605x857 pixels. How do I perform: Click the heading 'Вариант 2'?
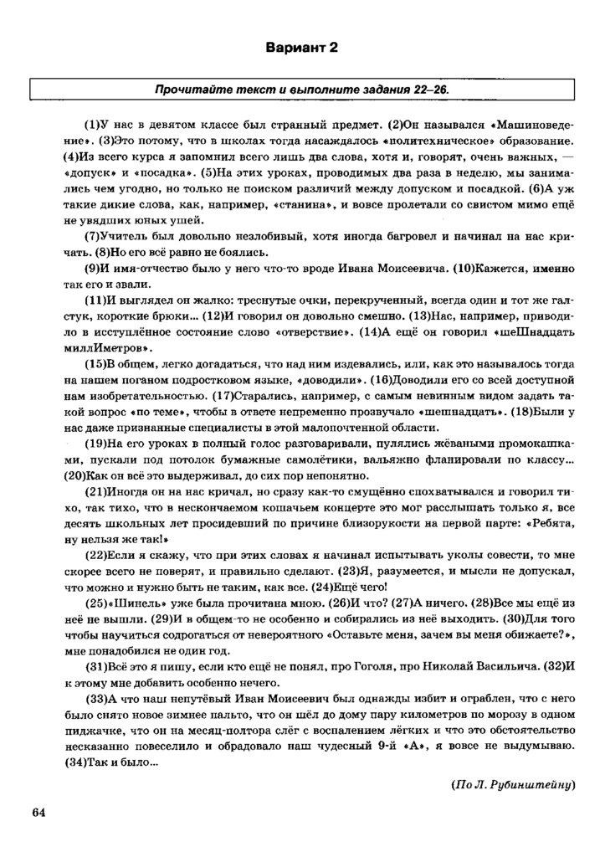pos(302,48)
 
